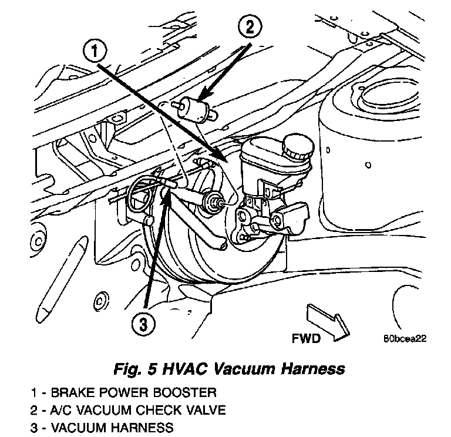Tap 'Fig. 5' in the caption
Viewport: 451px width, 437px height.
(x=134, y=369)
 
